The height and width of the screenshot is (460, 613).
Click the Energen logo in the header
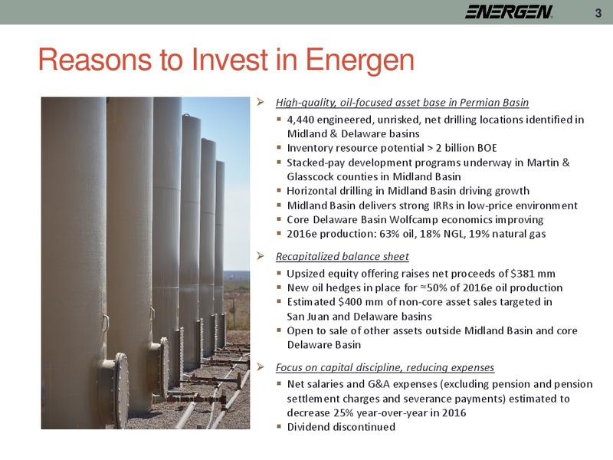pyautogui.click(x=509, y=11)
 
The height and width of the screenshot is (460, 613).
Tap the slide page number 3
pyautogui.click(x=598, y=13)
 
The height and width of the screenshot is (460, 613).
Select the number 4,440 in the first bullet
pyautogui.click(x=299, y=120)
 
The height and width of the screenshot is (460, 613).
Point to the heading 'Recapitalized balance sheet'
pyautogui.click(x=342, y=257)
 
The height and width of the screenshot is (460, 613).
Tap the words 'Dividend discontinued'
pyautogui.click(x=341, y=427)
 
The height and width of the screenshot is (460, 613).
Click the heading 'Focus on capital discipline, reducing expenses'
pyautogui.click(x=385, y=368)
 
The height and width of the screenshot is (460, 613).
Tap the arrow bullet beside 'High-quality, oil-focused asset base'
pyautogui.click(x=261, y=103)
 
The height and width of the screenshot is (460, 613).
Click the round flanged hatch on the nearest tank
pyautogui.click(x=120, y=390)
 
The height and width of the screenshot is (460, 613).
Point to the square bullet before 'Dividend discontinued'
pyautogui.click(x=279, y=426)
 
